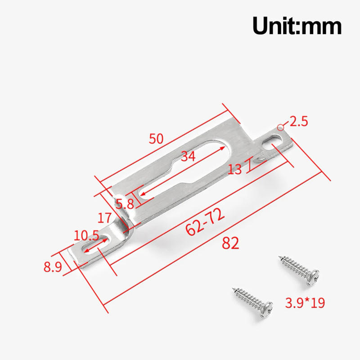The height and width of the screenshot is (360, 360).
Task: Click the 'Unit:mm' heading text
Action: tap(297, 26)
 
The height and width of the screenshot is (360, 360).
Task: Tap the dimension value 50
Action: tap(156, 139)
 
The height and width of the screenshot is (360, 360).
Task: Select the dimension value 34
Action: tap(188, 156)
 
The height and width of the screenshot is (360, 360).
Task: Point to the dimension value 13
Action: tap(235, 169)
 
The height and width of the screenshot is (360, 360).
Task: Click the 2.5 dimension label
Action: tap(298, 121)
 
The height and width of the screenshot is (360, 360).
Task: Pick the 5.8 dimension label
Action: tap(125, 204)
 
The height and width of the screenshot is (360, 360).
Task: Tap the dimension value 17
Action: tap(104, 219)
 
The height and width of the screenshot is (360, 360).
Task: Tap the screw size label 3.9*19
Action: tap(306, 302)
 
